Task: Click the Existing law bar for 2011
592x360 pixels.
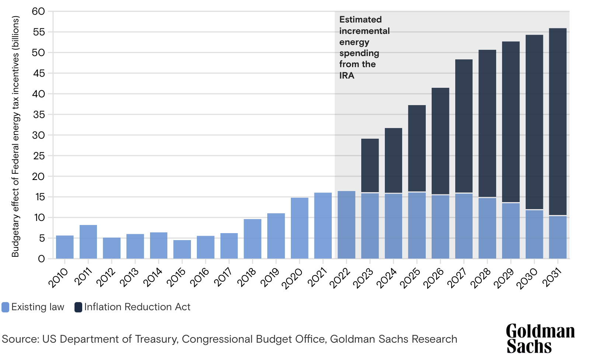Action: tap(88, 242)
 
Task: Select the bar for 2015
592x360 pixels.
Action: tap(182, 249)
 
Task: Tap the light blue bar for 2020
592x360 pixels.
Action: tap(299, 228)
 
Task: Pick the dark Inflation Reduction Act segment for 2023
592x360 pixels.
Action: tap(370, 165)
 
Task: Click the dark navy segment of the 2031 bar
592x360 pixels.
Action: tap(557, 122)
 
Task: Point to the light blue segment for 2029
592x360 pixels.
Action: tap(511, 231)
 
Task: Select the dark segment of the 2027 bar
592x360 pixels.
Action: tap(464, 126)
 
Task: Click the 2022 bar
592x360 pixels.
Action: tap(347, 225)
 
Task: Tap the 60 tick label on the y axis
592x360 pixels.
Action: tap(38, 11)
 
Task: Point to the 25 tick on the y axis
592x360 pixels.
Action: tap(38, 156)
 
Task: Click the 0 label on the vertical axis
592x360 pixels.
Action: tap(41, 259)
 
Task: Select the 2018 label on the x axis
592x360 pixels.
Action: tap(247, 277)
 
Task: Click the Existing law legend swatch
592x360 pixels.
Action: tap(6, 307)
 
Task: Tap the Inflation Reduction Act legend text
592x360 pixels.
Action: tap(137, 307)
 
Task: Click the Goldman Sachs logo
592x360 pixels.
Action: tap(540, 339)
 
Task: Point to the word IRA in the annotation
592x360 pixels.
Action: tap(347, 76)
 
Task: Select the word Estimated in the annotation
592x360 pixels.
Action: tap(360, 20)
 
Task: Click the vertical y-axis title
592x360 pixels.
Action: tap(15, 136)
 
